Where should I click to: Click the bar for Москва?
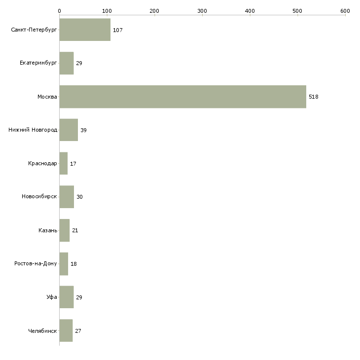pos(183,97)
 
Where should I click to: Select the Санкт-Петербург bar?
pos(85,30)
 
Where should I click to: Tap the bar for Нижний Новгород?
pos(69,130)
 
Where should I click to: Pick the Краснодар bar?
pos(64,163)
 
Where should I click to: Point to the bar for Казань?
pos(65,230)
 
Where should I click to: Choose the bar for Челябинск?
pos(66,330)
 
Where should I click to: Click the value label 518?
pos(313,97)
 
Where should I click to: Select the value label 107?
pos(117,30)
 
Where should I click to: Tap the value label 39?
pos(83,130)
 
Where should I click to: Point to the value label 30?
pos(79,197)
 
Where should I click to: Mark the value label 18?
pos(73,264)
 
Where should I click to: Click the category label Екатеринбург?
pos(38,63)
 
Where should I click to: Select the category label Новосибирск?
pos(39,196)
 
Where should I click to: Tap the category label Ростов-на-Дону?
pos(36,263)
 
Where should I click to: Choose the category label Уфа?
pos(52,297)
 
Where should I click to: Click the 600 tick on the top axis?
pos(345,11)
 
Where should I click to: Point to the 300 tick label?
pos(202,11)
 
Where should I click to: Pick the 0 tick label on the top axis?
pos(60,11)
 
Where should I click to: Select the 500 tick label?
pos(297,11)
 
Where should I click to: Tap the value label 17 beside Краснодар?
pos(73,164)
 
